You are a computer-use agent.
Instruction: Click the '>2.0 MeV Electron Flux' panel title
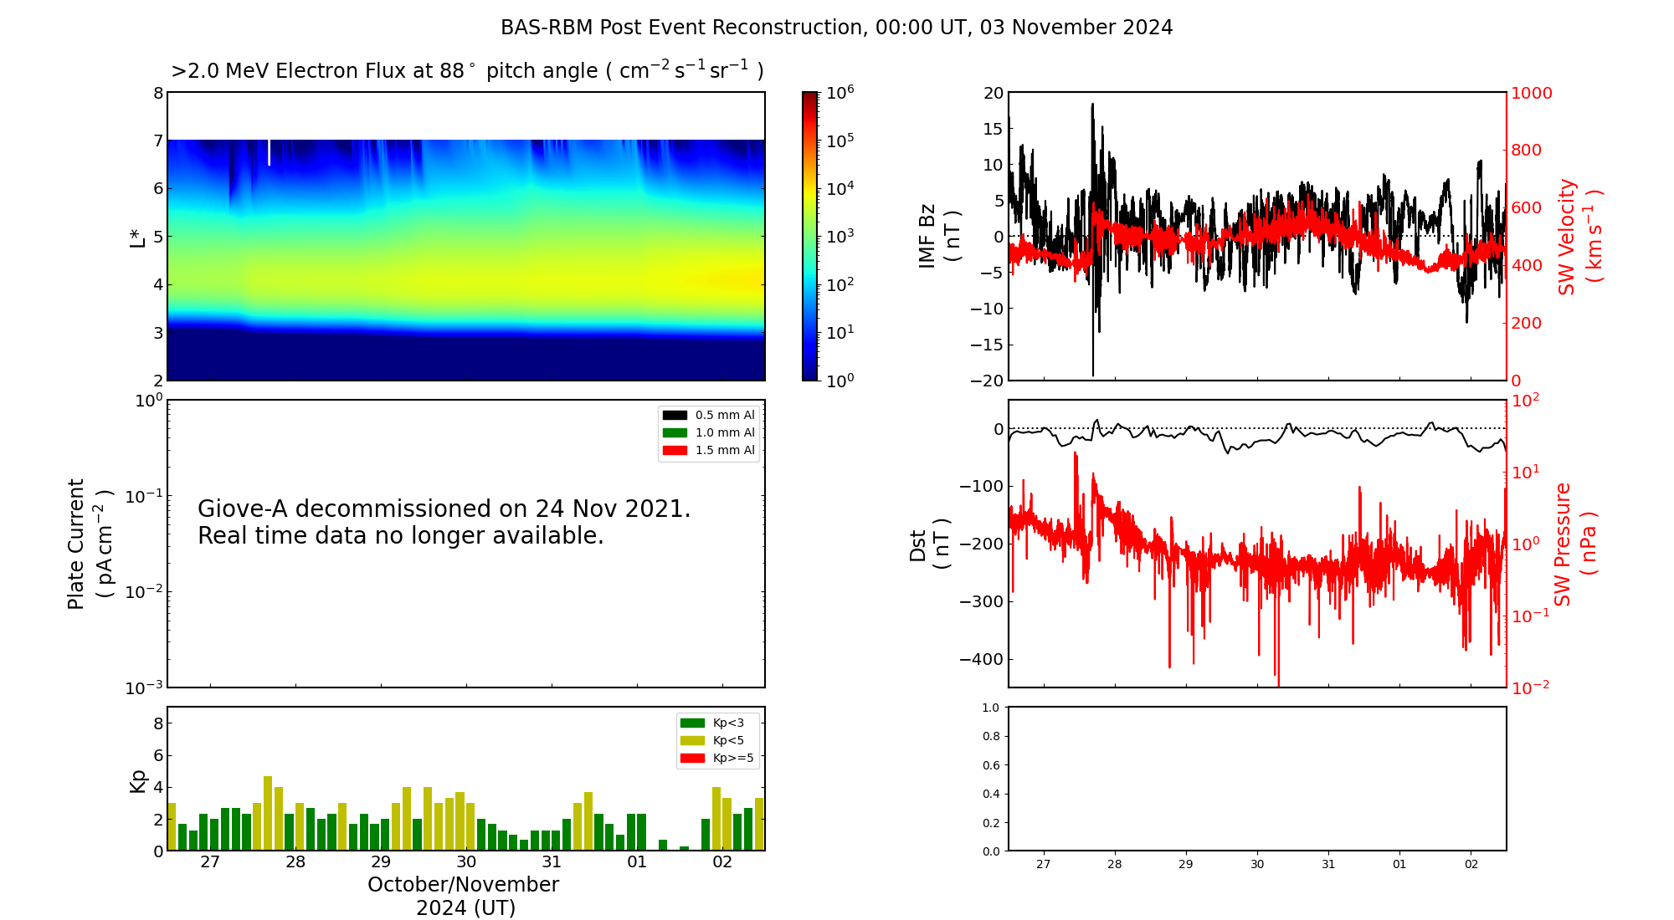coord(467,71)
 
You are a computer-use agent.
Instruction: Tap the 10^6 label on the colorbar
coord(840,92)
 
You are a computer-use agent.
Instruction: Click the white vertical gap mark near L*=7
coord(269,152)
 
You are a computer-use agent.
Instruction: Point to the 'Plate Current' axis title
coord(76,544)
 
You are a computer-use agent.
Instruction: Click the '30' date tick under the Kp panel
coord(466,862)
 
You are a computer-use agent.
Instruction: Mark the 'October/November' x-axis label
coord(463,885)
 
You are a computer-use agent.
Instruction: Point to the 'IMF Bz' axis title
coord(927,236)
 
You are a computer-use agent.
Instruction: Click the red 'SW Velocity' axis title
coord(1567,236)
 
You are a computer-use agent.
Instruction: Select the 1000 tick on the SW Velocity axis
coord(1531,93)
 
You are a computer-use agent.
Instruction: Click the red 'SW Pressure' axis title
coord(1563,544)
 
